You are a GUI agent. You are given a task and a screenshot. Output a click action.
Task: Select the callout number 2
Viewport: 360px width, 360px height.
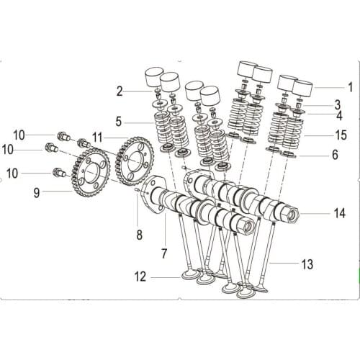tap(120, 91)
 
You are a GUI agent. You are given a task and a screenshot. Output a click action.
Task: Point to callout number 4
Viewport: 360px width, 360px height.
tap(339, 115)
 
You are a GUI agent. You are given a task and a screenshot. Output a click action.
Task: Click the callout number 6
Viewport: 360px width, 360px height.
tap(336, 154)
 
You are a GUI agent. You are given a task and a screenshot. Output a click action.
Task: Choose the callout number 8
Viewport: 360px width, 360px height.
tap(139, 234)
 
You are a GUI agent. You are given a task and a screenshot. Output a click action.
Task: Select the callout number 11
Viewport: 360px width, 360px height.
tap(97, 135)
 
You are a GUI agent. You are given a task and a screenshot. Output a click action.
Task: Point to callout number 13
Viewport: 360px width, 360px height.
tap(307, 264)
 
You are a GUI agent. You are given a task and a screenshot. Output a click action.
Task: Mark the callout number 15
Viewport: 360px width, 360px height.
tap(341, 135)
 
